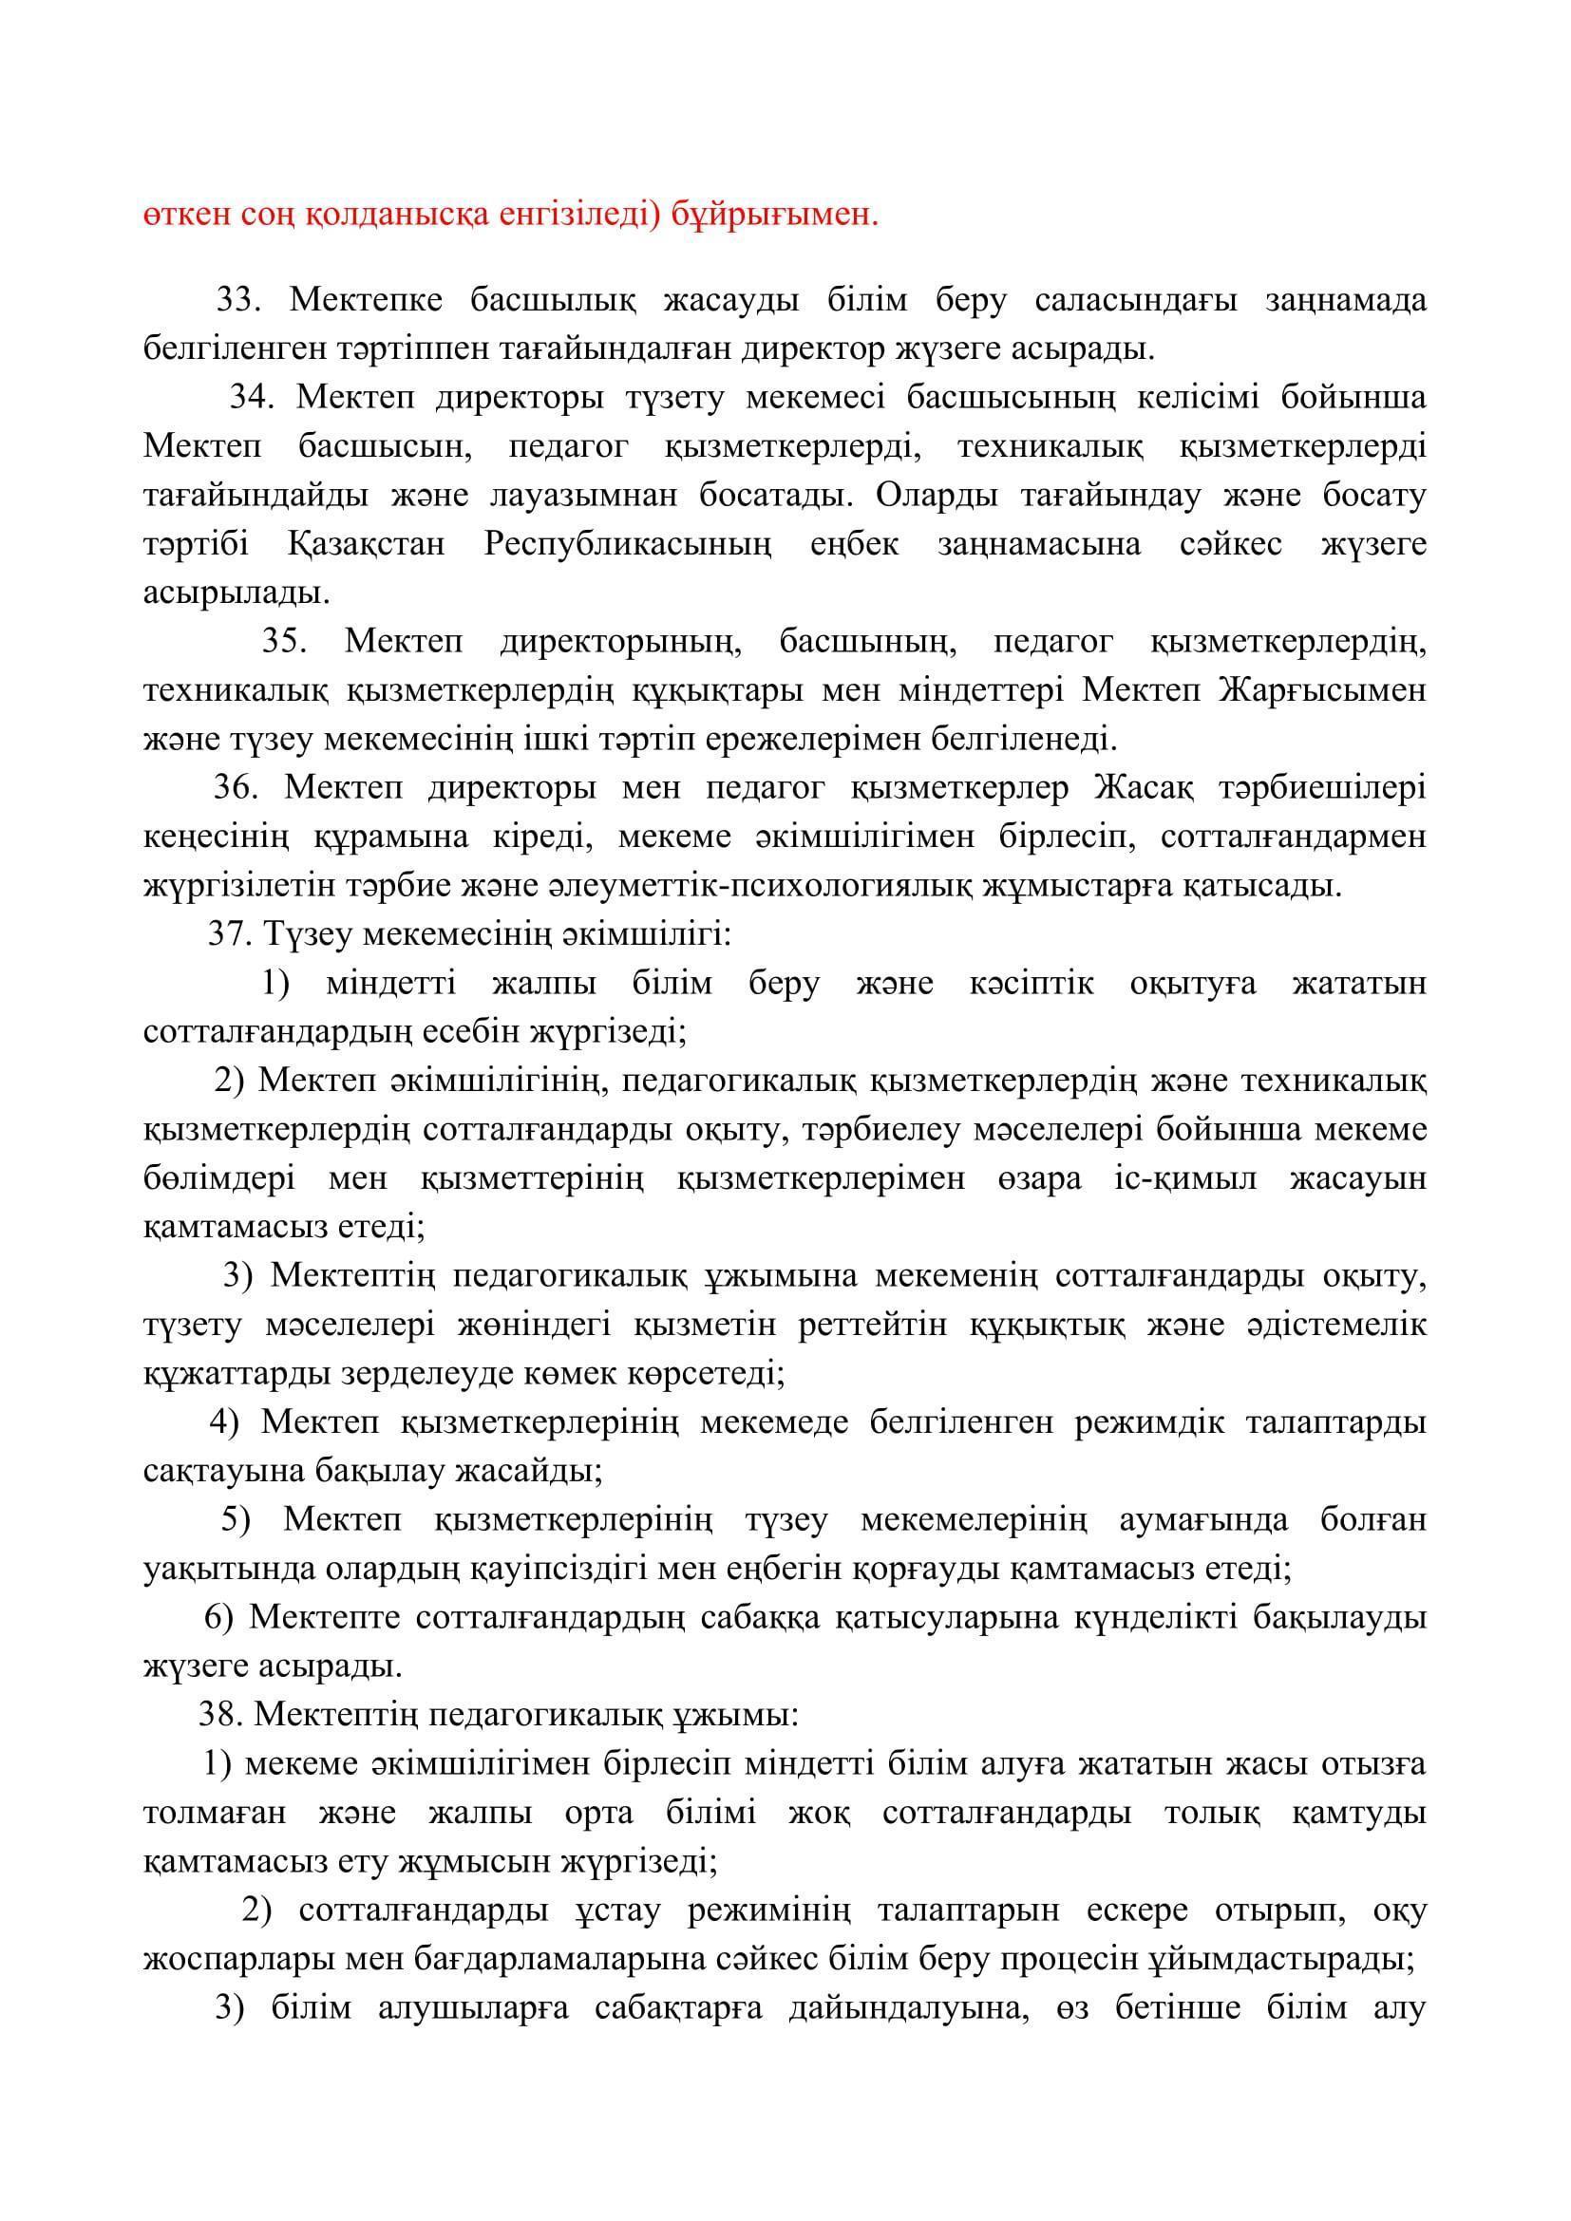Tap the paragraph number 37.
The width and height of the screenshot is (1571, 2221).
(x=228, y=934)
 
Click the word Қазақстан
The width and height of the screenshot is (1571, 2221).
(x=367, y=544)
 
